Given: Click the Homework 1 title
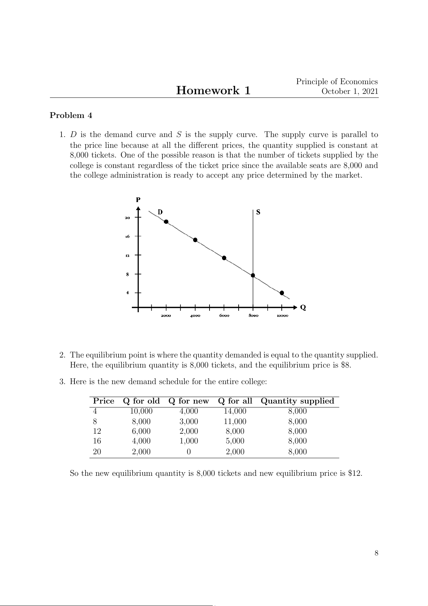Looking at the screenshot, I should [213, 90].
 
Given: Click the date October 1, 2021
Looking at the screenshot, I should [350, 91].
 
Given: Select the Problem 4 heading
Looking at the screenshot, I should [71, 115].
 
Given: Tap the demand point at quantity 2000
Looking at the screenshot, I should [166, 222].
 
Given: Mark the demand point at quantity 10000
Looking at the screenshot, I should [282, 293].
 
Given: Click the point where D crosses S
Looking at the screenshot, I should [253, 275].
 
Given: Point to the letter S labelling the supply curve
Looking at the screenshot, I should [258, 212].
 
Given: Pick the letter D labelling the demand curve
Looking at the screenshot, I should [160, 212].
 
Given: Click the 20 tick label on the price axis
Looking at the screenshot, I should [127, 218].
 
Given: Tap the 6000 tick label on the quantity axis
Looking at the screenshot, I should [224, 316].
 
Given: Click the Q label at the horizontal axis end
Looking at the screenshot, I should [303, 307].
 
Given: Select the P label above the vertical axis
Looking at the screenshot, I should [138, 200].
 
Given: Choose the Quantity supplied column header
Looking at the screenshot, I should [297, 401].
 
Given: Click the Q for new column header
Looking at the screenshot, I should [188, 401].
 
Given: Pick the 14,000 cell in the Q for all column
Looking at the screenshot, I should [235, 411].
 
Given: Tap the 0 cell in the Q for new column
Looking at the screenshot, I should [189, 452].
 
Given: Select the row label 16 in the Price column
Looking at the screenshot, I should [97, 441].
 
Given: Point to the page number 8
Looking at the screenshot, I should [376, 553].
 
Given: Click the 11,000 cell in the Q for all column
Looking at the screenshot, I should [235, 422].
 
